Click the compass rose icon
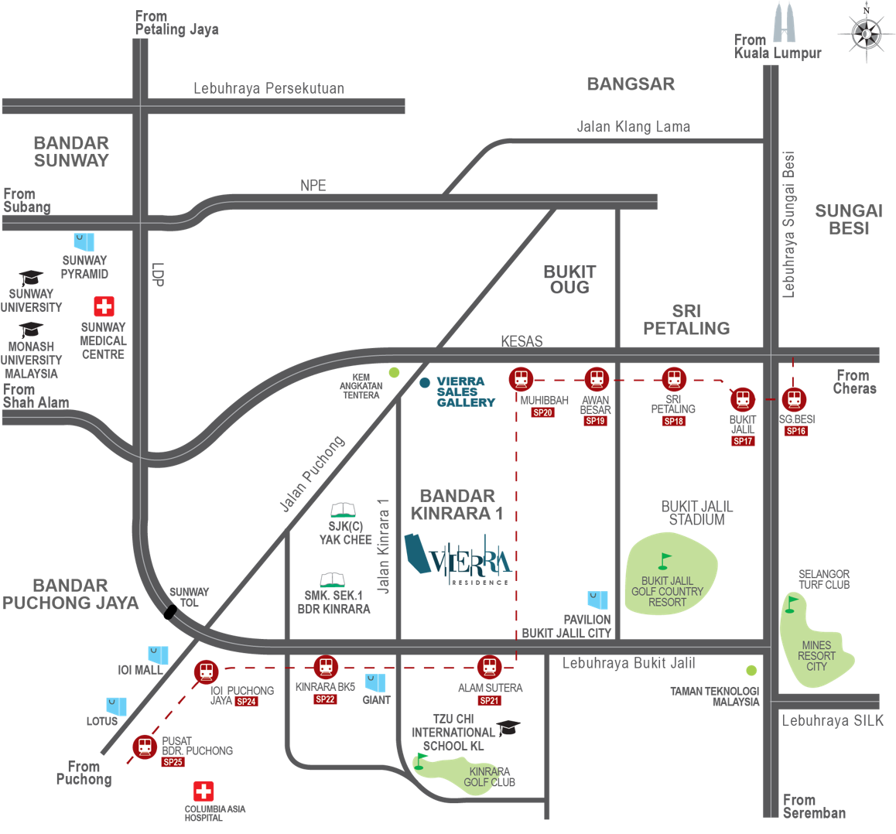pyautogui.click(x=867, y=33)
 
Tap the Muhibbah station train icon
pyautogui.click(x=522, y=379)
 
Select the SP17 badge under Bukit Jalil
pyautogui.click(x=743, y=441)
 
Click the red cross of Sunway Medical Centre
pyautogui.click(x=104, y=306)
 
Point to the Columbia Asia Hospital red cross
pyautogui.click(x=203, y=791)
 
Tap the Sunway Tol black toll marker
pyautogui.click(x=170, y=612)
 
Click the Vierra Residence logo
pyautogui.click(x=457, y=559)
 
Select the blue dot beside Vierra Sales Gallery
pyautogui.click(x=425, y=383)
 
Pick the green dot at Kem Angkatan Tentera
pyautogui.click(x=395, y=372)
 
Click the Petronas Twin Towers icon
pyautogui.click(x=784, y=22)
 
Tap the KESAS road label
pyautogui.click(x=522, y=341)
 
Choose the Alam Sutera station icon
pyautogui.click(x=490, y=667)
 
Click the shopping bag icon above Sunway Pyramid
pyautogui.click(x=84, y=242)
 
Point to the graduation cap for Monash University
pyautogui.click(x=31, y=330)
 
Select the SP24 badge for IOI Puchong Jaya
pyautogui.click(x=246, y=702)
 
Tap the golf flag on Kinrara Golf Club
pyautogui.click(x=421, y=761)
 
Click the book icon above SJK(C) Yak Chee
pyautogui.click(x=344, y=510)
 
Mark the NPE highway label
pyautogui.click(x=313, y=186)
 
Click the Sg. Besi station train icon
pyautogui.click(x=794, y=399)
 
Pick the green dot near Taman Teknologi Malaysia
pyautogui.click(x=751, y=670)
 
